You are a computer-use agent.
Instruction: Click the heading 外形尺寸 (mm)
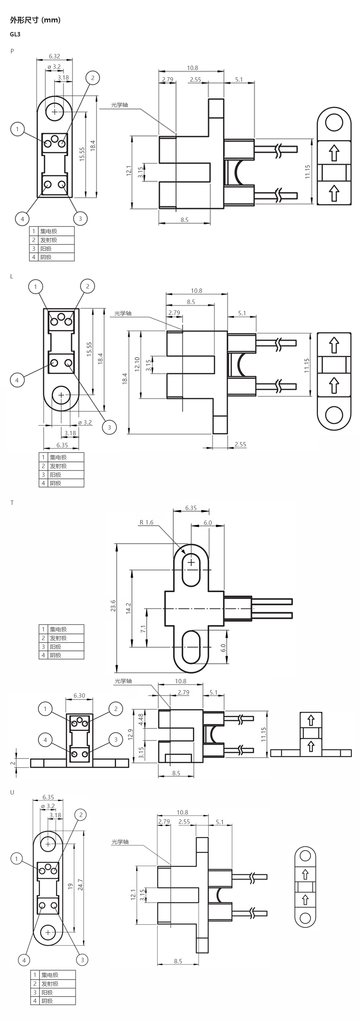[x=35, y=20]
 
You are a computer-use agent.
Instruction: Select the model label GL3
[x=15, y=34]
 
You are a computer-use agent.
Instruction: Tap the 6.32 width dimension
[x=54, y=56]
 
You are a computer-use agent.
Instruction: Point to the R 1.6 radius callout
[x=146, y=522]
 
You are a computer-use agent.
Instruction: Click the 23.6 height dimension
[x=113, y=605]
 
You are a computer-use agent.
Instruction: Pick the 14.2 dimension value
[x=128, y=608]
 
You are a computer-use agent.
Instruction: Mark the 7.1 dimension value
[x=143, y=628]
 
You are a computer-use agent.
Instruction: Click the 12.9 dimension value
[x=130, y=734]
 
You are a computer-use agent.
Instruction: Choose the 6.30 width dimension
[x=79, y=695]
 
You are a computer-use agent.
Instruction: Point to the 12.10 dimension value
[x=137, y=364]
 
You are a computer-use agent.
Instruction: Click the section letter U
[x=12, y=792]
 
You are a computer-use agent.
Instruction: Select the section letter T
[x=12, y=502]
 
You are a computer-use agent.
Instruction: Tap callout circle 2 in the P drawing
[x=93, y=78]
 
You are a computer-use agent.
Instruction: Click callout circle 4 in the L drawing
[x=17, y=380]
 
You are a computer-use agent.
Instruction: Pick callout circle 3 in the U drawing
[x=82, y=959]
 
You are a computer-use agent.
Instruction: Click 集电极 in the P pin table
[x=49, y=231]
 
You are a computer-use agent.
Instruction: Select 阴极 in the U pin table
[x=47, y=1001]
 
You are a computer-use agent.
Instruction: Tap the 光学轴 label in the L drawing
[x=123, y=313]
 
